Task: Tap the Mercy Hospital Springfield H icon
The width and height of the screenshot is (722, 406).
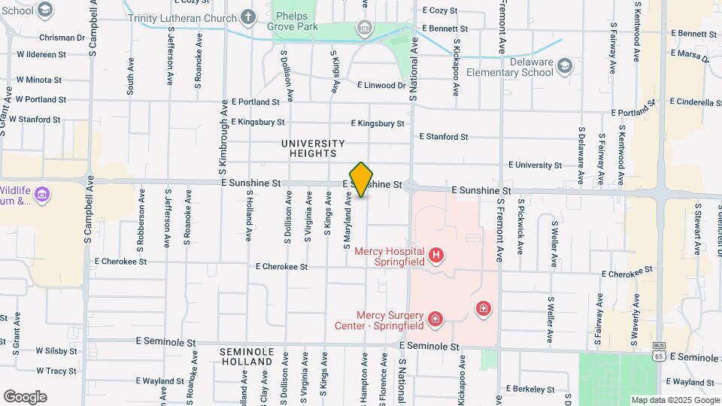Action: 436,256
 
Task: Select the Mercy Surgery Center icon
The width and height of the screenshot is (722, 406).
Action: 435,320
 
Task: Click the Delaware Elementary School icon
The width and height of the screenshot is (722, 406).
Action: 565,67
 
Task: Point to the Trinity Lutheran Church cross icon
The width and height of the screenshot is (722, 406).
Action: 249,17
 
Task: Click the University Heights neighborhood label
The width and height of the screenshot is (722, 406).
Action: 313,148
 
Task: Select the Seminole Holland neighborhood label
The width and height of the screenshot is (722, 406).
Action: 246,356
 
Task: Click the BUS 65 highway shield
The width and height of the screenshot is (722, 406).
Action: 658,350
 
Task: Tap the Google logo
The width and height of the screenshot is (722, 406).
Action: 25,397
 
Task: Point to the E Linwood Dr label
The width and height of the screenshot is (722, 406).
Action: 381,86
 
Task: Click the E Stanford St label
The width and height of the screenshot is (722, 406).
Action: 443,137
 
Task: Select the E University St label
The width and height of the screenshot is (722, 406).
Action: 536,165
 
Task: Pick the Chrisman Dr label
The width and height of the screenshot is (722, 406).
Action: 62,37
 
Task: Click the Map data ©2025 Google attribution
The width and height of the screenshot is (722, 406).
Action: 674,400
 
